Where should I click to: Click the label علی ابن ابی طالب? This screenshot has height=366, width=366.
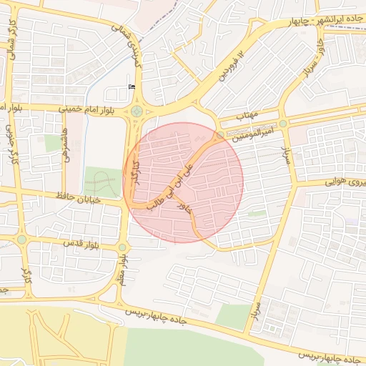point(174,182)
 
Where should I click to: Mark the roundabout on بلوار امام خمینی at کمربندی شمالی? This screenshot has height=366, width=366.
point(136,111)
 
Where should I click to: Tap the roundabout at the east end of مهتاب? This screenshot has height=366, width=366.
point(283,124)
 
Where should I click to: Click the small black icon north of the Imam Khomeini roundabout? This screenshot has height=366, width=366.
point(131,86)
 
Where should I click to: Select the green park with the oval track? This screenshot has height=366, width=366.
point(103,182)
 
